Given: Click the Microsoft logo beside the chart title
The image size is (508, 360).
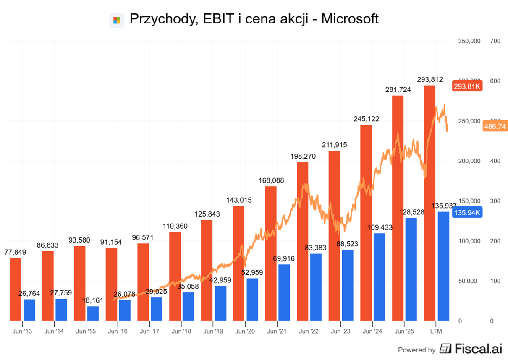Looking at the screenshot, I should pos(117,20).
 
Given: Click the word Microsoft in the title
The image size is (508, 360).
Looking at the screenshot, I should pos(350,19).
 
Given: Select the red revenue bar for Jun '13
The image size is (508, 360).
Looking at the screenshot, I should pos(16,289).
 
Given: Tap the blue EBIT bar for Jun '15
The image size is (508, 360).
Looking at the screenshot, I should pos(93,313).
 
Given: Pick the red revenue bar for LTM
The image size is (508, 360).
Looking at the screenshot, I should pos(429,203).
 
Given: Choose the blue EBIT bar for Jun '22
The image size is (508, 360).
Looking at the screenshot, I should pos(316,287).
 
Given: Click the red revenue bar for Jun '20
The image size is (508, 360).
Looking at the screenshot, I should pos(238,263).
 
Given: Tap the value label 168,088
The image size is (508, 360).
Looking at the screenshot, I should pos(271,180).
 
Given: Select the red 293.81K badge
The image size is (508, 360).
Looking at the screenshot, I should pos(467,86).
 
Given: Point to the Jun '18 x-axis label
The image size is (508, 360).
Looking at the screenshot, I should pos(181,331).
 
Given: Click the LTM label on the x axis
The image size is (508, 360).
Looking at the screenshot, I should pos(436,331).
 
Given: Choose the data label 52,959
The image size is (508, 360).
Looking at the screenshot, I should pos(252,272).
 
